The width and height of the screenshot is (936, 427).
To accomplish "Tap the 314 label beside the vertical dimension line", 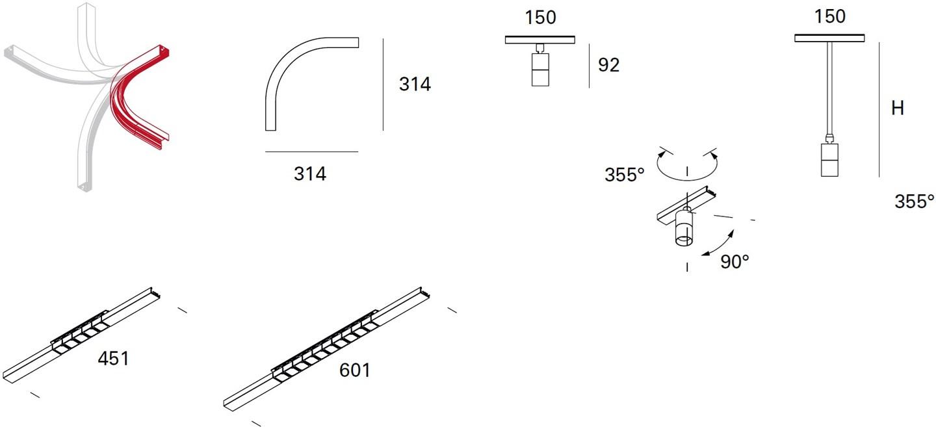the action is [x=415, y=84].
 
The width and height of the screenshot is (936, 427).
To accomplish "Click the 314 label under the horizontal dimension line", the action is [x=309, y=174].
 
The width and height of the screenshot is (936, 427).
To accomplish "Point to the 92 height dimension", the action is [x=608, y=65].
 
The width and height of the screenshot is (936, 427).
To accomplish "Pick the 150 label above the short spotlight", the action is [x=540, y=18].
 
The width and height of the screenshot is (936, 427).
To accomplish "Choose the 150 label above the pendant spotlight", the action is [x=830, y=16].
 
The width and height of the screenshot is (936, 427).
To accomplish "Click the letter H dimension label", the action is [x=898, y=108].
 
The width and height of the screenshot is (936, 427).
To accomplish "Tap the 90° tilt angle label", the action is [x=734, y=261].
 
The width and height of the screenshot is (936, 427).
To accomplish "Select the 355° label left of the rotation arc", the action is [x=624, y=175].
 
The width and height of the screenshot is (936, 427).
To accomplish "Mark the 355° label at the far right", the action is [x=914, y=201].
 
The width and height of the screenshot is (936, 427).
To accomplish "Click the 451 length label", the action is [x=113, y=359].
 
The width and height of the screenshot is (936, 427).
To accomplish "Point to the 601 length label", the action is [x=354, y=370].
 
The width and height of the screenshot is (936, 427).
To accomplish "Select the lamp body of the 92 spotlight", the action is [x=540, y=70].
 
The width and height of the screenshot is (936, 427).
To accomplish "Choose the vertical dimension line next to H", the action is [x=879, y=109].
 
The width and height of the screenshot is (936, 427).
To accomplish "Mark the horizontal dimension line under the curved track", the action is [x=312, y=151].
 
